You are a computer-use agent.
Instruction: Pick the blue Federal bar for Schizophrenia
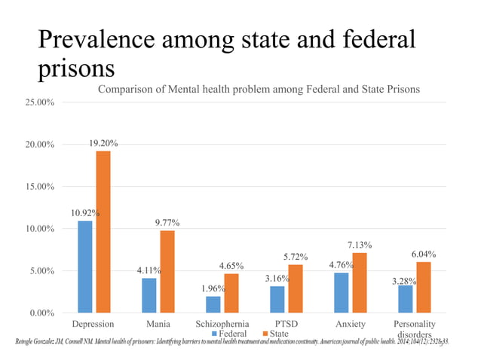click(213, 304)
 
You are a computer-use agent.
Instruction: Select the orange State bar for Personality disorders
click(424, 287)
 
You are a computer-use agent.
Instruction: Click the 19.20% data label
click(103, 143)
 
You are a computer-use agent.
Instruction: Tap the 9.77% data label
click(167, 223)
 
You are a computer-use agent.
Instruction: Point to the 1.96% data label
click(213, 288)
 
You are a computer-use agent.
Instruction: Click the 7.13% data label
click(360, 245)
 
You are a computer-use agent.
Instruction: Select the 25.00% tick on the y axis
click(37, 102)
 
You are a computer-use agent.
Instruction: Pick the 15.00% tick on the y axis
click(37, 187)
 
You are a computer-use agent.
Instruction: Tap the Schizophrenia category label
click(222, 324)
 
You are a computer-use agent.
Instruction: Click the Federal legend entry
click(229, 334)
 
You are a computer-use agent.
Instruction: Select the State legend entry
click(274, 334)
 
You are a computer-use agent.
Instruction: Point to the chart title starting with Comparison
click(259, 90)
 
